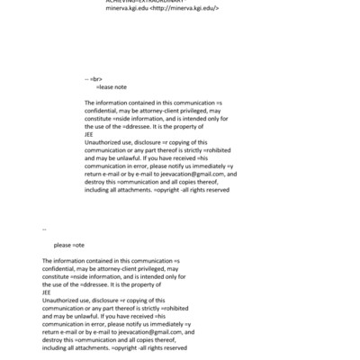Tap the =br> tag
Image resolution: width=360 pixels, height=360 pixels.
[94, 79]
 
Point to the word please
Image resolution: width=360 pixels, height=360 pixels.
[62, 245]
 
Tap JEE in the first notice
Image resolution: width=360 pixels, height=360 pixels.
[88, 134]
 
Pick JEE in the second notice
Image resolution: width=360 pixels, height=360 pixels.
[46, 292]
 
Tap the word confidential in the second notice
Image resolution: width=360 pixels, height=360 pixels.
[62, 268]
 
